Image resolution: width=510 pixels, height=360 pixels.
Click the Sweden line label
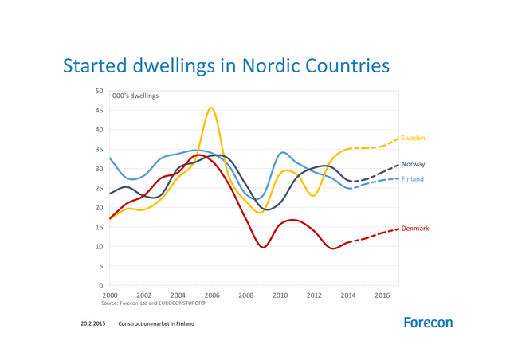pyautogui.click(x=412, y=138)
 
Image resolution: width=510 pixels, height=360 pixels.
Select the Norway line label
pyautogui.click(x=413, y=164)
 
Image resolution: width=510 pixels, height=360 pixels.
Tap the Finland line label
pyautogui.click(x=412, y=179)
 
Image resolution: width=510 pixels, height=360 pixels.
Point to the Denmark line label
pyautogui.click(x=414, y=229)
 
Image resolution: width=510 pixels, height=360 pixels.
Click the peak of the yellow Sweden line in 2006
pyautogui.click(x=211, y=108)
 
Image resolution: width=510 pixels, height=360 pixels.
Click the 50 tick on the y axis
pyautogui.click(x=99, y=91)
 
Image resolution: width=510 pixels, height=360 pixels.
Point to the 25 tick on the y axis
pyautogui.click(x=99, y=188)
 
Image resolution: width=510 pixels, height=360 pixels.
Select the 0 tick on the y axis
pyautogui.click(x=101, y=285)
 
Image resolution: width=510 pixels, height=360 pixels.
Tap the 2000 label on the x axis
pyautogui.click(x=110, y=295)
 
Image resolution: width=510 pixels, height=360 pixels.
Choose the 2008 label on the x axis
pyautogui.click(x=245, y=295)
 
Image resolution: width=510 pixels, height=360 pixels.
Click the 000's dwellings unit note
pyautogui.click(x=135, y=96)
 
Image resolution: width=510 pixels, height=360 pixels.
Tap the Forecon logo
pyautogui.click(x=428, y=323)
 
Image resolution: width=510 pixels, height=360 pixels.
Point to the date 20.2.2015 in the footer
pyautogui.click(x=93, y=324)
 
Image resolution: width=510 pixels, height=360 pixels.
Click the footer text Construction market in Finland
pyautogui.click(x=156, y=324)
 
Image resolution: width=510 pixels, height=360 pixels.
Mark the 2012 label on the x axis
pyautogui.click(x=313, y=295)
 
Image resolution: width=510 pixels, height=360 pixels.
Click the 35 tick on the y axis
pyautogui.click(x=99, y=149)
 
